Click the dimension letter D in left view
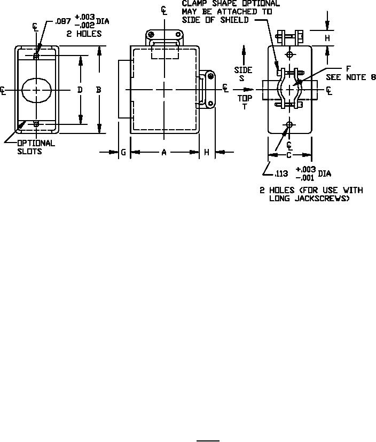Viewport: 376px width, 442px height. (x=80, y=90)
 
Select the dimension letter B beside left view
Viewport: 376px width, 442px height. (x=99, y=90)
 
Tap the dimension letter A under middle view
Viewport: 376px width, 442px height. (x=164, y=153)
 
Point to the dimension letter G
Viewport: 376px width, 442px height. (x=123, y=153)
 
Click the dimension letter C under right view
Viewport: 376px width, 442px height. (x=289, y=155)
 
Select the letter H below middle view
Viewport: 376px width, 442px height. (x=207, y=153)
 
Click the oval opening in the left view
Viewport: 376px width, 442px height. (x=36, y=90)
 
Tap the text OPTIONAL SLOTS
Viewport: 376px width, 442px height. (x=36, y=147)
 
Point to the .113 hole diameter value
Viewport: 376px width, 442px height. (x=281, y=173)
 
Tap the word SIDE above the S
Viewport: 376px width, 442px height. (x=243, y=70)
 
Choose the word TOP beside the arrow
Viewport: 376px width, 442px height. (x=244, y=98)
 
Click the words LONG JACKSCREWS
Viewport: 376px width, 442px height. (x=309, y=199)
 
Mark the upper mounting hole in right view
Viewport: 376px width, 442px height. (x=289, y=55)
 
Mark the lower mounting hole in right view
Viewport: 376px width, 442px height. (x=289, y=124)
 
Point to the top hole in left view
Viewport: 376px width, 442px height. (x=36, y=56)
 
